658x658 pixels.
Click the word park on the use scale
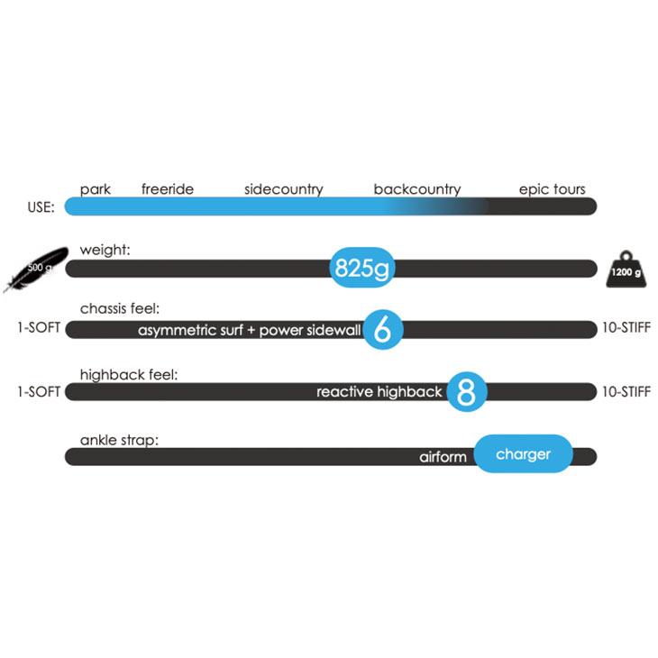[x=96, y=189]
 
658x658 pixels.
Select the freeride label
[x=168, y=189]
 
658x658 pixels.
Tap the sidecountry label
[x=284, y=189]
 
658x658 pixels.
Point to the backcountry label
[x=417, y=189]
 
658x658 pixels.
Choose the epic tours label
[x=552, y=189]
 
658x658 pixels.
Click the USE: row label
[x=41, y=207]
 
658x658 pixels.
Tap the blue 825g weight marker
[x=362, y=268]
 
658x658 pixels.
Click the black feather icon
[x=36, y=269]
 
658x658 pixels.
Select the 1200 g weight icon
[x=626, y=270]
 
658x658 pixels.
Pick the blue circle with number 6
[x=383, y=330]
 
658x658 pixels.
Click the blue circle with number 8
[x=466, y=391]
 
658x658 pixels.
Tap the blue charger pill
[x=524, y=454]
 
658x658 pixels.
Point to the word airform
[x=443, y=457]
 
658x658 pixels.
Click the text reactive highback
[x=379, y=392]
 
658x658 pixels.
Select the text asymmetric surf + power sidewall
[x=250, y=330]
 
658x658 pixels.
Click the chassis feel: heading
[x=120, y=309]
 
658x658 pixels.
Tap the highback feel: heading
[x=129, y=375]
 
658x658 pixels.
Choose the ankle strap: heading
[x=119, y=440]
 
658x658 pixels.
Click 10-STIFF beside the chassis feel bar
[x=626, y=327]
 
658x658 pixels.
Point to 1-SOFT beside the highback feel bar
[x=39, y=392]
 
